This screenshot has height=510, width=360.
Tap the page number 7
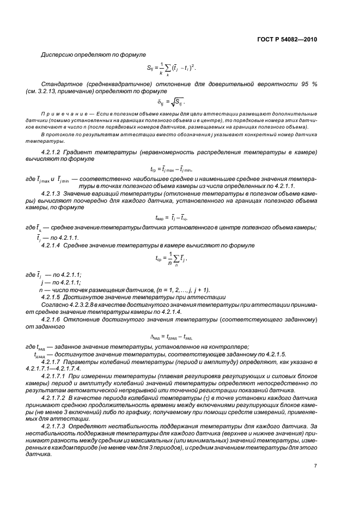(315, 465)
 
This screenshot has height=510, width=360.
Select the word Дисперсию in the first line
(56, 55)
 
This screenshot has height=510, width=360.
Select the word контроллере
(226, 347)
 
